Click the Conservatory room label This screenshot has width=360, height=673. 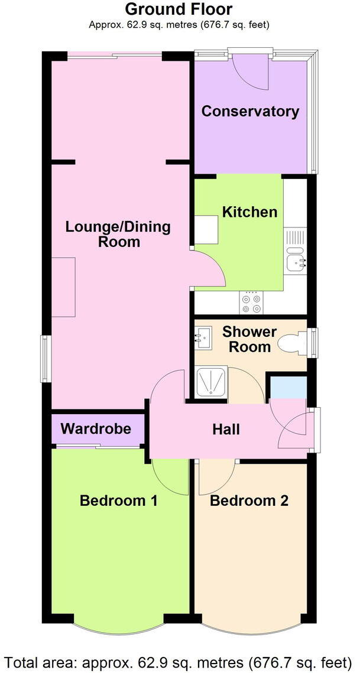[x=250, y=112]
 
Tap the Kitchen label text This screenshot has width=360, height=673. [x=249, y=212]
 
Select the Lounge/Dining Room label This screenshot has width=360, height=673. [x=118, y=235]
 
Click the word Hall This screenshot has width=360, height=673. [x=226, y=430]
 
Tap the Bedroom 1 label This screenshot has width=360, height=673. [x=118, y=501]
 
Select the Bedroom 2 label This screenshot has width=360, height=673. [x=249, y=501]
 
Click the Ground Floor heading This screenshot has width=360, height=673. [x=179, y=9]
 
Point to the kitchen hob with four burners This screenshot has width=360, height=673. [x=251, y=303]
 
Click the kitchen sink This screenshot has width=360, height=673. [x=296, y=261]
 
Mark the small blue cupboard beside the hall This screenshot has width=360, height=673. [x=288, y=387]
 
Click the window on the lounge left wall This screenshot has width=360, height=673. [x=44, y=358]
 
